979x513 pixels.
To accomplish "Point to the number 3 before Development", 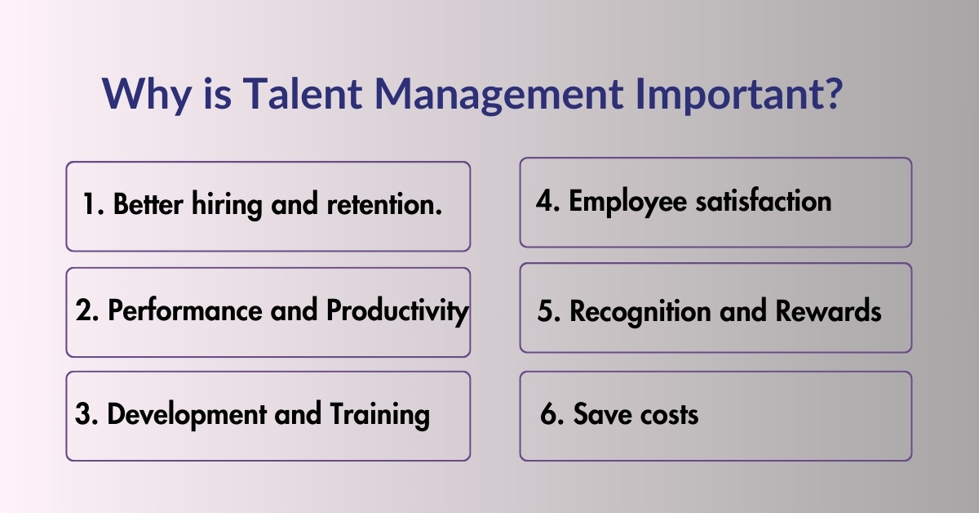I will click(82, 414).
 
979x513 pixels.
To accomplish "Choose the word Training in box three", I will click(379, 416).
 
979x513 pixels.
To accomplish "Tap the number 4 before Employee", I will click(545, 201).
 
